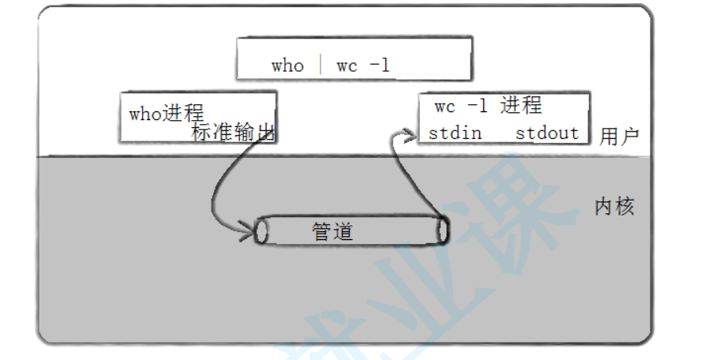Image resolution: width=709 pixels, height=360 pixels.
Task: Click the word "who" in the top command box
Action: pos(287,66)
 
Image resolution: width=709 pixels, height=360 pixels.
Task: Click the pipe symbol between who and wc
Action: pos(321,65)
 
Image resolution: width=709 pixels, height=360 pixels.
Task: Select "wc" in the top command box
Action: pos(347,66)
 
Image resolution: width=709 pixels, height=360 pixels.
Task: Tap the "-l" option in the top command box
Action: pos(380,66)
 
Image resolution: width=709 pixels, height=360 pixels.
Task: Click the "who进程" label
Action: pos(167,113)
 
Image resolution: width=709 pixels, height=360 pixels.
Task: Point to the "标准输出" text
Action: pos(233,133)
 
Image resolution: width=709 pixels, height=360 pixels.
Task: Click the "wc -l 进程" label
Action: pos(488,106)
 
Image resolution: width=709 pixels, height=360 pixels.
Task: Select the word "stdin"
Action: pos(456,133)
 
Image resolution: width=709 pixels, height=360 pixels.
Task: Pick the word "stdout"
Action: pos(547,133)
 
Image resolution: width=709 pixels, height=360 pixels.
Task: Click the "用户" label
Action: pos(618,137)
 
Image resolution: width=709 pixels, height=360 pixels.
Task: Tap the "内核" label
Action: pos(614,208)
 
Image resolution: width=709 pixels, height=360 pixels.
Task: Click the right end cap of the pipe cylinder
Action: pos(442,231)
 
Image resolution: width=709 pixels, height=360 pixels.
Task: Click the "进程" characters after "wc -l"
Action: pos(521,106)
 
